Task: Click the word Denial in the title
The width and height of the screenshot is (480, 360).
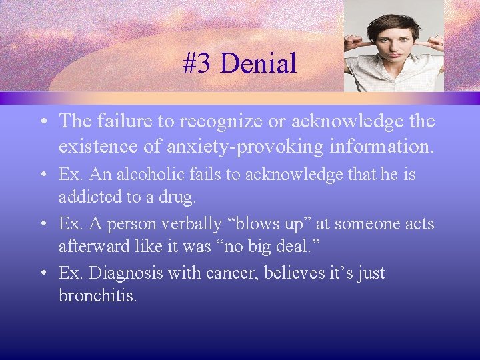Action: [x=257, y=64]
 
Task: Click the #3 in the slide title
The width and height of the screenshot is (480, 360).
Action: [x=197, y=64]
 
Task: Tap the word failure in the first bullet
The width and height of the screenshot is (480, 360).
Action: [x=115, y=121]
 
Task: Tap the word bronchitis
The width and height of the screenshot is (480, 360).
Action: [x=97, y=295]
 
